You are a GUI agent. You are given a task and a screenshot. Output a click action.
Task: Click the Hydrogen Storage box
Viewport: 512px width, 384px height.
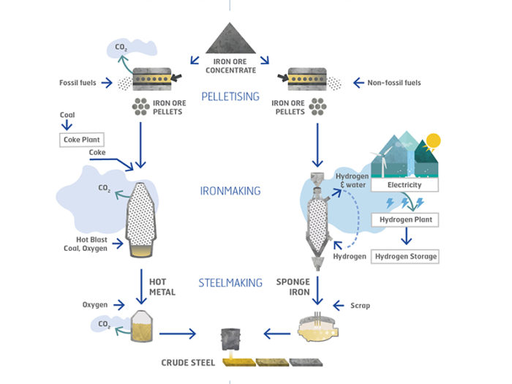tap(406, 256)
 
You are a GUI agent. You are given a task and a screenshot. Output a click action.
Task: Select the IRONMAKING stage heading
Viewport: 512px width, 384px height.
tap(230, 192)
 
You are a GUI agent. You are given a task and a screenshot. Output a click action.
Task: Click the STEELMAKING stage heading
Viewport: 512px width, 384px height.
tap(230, 282)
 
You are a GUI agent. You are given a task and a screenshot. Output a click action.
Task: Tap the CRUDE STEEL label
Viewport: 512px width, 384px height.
tap(187, 362)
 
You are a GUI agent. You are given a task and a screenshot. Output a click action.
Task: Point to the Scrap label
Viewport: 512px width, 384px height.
tap(360, 304)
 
